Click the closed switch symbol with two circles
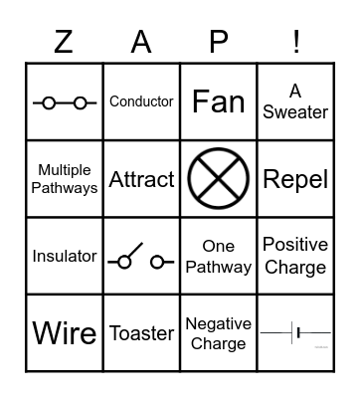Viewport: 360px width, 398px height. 65,101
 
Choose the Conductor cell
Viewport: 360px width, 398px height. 141,101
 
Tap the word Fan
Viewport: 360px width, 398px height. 219,101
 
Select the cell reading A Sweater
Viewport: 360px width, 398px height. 295,101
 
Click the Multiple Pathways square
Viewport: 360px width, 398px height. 65,179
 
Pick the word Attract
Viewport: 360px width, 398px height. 141,179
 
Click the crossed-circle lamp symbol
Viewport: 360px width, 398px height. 219,179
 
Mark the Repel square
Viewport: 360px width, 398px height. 295,179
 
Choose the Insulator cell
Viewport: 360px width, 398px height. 65,256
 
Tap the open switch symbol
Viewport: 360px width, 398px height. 141,259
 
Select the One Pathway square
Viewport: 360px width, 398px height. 219,256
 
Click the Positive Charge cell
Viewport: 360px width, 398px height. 295,256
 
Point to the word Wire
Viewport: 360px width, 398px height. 65,333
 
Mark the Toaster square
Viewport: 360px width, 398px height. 141,333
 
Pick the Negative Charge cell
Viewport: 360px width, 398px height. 219,333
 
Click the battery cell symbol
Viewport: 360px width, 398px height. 295,333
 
